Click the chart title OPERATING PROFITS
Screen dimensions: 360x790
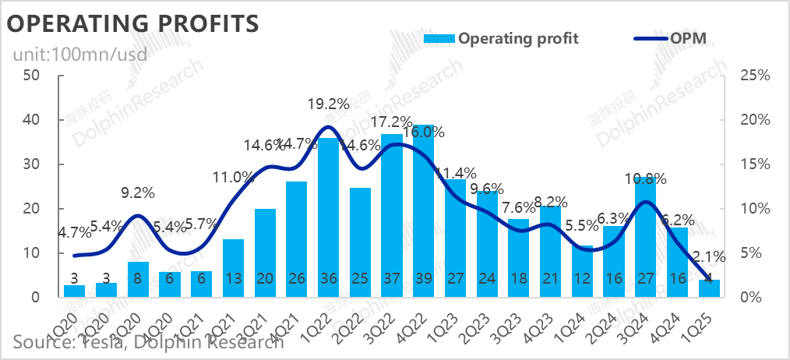click(x=132, y=24)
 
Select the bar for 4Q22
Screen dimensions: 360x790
click(x=423, y=210)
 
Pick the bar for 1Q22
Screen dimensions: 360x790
click(x=328, y=217)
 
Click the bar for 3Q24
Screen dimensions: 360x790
click(x=645, y=237)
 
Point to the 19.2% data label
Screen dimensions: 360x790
click(x=329, y=103)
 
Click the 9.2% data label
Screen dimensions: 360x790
click(x=138, y=190)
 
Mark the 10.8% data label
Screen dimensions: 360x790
click(x=645, y=178)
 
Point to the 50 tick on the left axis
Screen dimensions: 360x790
click(x=32, y=76)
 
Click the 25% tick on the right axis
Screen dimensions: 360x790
click(x=754, y=76)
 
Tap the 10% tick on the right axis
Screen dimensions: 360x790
click(x=754, y=209)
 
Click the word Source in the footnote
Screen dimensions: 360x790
click(x=40, y=341)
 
